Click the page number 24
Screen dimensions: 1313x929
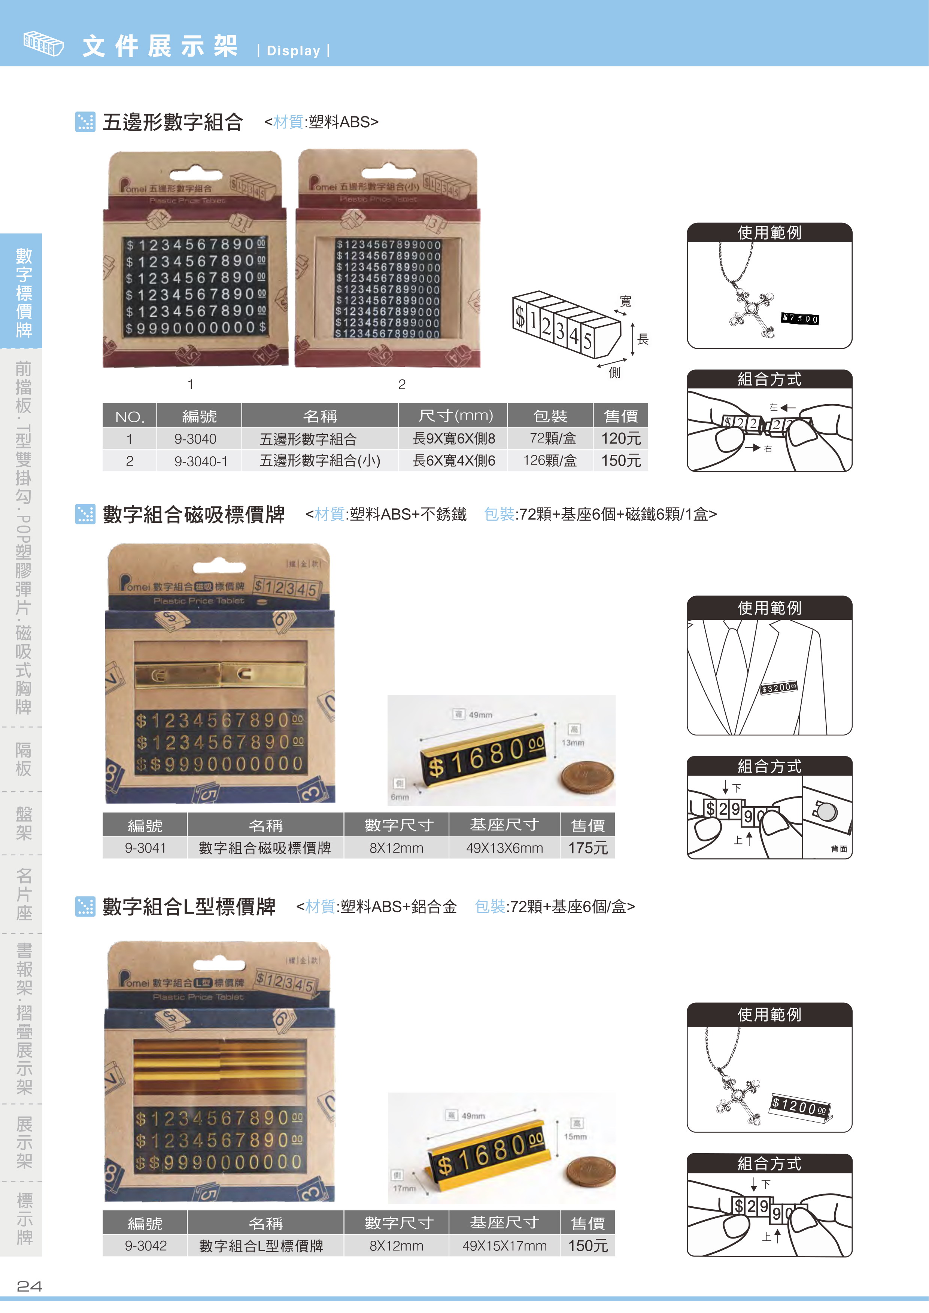point(29,1286)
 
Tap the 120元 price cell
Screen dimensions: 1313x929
point(621,439)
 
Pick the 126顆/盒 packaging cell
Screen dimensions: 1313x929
point(550,461)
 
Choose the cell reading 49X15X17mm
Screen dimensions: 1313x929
point(504,1246)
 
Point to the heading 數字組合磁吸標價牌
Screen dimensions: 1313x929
point(193,515)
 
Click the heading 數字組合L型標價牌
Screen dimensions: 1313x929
point(189,907)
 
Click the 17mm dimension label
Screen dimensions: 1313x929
point(404,1188)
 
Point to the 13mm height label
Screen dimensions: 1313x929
point(573,743)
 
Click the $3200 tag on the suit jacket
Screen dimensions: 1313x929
point(778,688)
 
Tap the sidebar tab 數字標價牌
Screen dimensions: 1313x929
point(23,292)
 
